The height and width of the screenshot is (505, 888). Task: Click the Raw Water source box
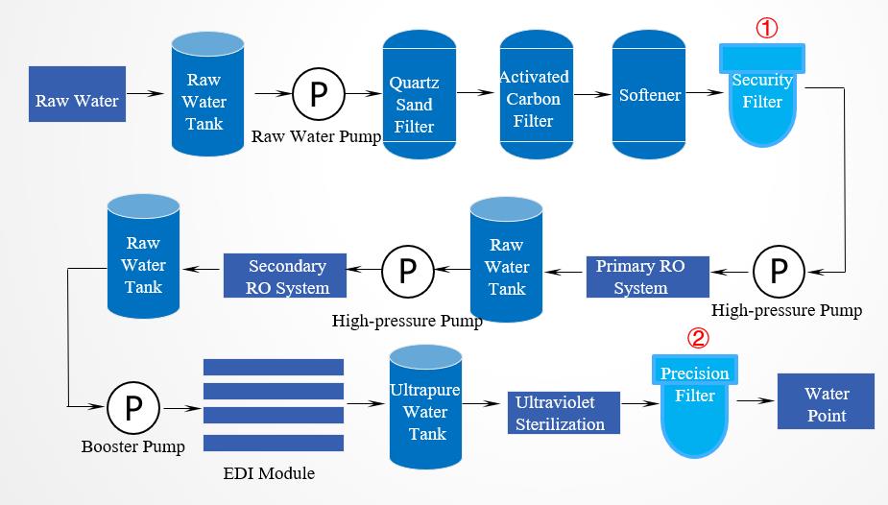coord(78,100)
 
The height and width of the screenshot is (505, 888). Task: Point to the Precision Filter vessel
coord(695,403)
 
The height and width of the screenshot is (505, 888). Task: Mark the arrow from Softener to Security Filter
coord(708,94)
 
